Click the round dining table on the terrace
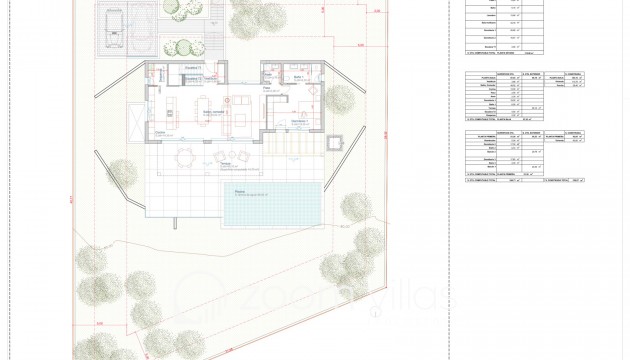pyautogui.click(x=182, y=155)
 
